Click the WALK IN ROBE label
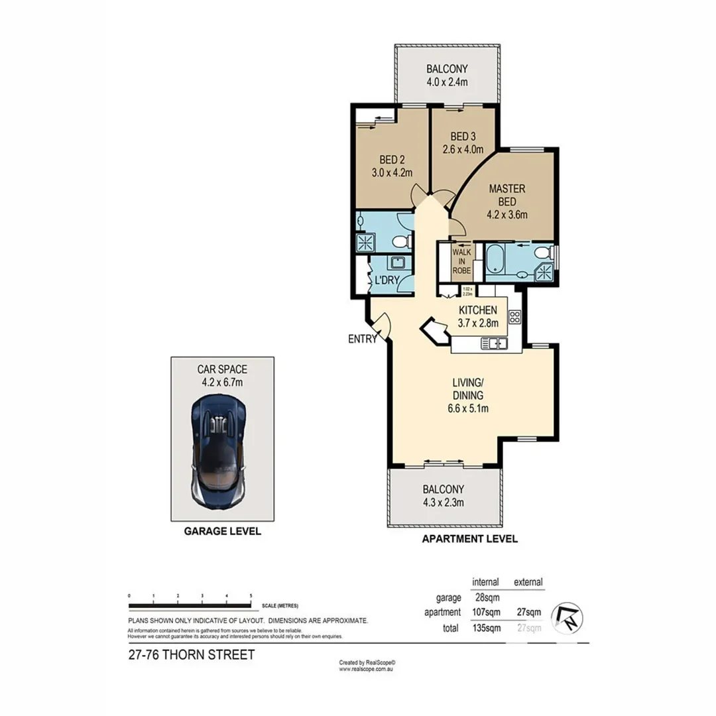click(461, 261)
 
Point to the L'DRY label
click(387, 280)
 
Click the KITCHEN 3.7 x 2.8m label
click(478, 316)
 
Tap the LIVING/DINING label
click(467, 395)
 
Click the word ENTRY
click(362, 339)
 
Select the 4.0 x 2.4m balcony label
click(447, 74)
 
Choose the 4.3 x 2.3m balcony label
click(443, 496)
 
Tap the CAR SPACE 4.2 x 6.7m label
click(221, 376)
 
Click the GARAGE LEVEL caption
click(222, 532)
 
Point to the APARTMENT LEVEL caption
click(470, 539)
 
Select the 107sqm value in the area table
click(485, 613)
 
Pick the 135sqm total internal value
click(485, 627)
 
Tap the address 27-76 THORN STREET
click(191, 656)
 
